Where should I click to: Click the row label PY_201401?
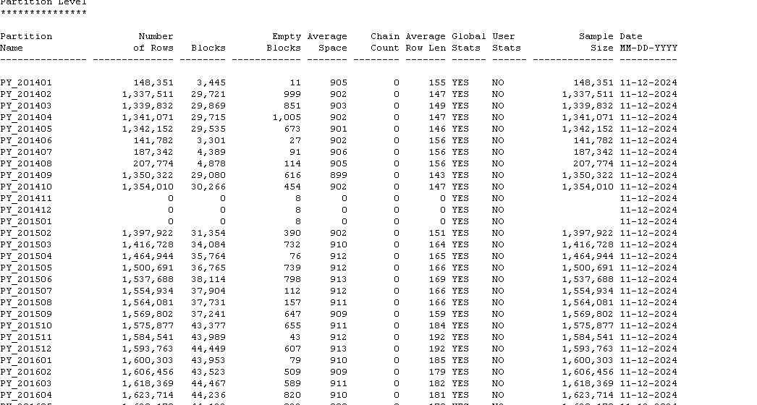[x=26, y=82]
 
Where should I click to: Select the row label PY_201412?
[x=26, y=210]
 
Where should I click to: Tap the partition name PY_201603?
[x=26, y=383]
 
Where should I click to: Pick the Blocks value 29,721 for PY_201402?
[x=211, y=94]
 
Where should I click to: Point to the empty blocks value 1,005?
[x=287, y=117]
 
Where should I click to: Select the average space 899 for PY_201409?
[x=339, y=175]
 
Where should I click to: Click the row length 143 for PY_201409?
[x=437, y=175]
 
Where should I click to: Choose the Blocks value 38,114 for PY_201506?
[x=211, y=279]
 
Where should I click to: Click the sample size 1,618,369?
[x=588, y=383]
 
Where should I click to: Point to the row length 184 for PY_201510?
[x=437, y=325]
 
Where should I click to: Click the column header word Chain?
[x=385, y=36]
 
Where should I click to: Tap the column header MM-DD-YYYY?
[x=648, y=48]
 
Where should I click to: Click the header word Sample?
[x=596, y=36]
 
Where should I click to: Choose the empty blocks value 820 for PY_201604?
[x=292, y=395]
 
